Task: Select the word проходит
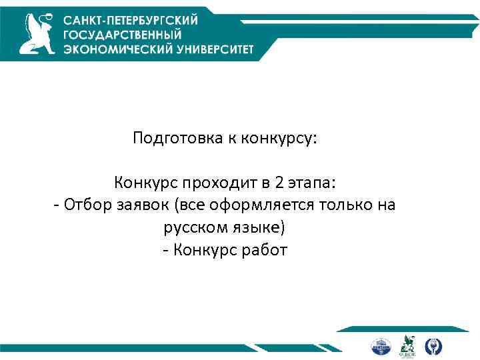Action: pyautogui.click(x=221, y=182)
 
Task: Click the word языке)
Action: pyautogui.click(x=257, y=228)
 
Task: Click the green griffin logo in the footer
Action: pyautogui.click(x=407, y=345)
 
